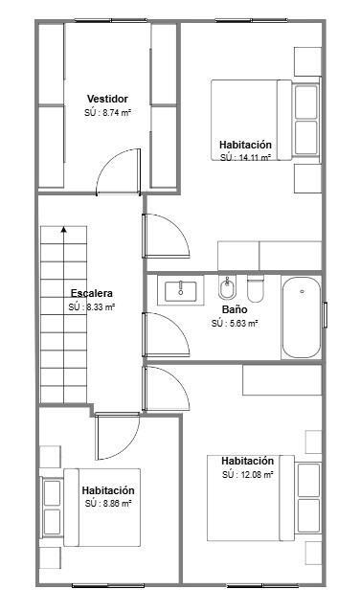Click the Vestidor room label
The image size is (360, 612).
(x=107, y=99)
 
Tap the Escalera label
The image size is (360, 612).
(x=92, y=293)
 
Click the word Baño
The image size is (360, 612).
(x=235, y=309)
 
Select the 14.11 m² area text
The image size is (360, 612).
(x=245, y=157)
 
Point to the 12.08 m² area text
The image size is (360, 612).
(x=247, y=475)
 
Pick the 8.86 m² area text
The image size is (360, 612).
(x=108, y=504)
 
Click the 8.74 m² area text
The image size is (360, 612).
(x=107, y=113)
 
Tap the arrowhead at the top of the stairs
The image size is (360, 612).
(x=63, y=229)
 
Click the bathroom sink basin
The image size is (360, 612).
(x=180, y=291)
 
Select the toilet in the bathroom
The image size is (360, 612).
(x=256, y=289)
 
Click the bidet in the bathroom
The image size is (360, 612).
(x=227, y=288)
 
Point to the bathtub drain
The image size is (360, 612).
(x=302, y=291)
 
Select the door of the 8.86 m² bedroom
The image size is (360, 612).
(x=118, y=436)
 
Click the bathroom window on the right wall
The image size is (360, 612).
(x=325, y=314)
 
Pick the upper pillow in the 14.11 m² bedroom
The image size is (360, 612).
(x=306, y=102)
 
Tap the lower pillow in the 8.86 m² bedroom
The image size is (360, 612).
(x=52, y=522)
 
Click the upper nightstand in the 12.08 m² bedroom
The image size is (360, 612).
(x=313, y=442)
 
